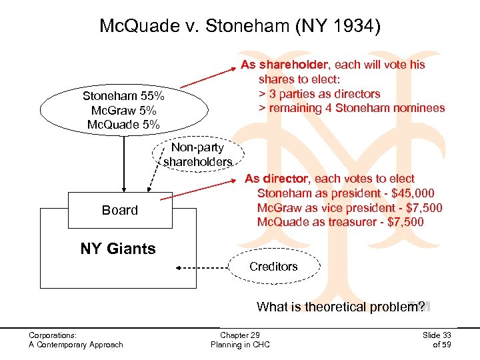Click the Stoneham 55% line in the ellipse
[123, 96]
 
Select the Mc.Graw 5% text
[123, 110]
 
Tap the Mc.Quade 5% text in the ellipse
[123, 124]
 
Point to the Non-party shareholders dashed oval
[197, 155]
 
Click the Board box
[120, 210]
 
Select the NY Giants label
[118, 249]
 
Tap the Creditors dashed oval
[273, 267]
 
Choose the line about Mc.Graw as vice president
[349, 208]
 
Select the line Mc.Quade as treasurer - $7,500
[340, 222]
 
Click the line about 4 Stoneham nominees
[352, 108]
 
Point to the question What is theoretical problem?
[340, 307]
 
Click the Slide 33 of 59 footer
[437, 339]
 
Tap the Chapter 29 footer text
[240, 335]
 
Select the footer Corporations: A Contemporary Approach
[75, 339]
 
